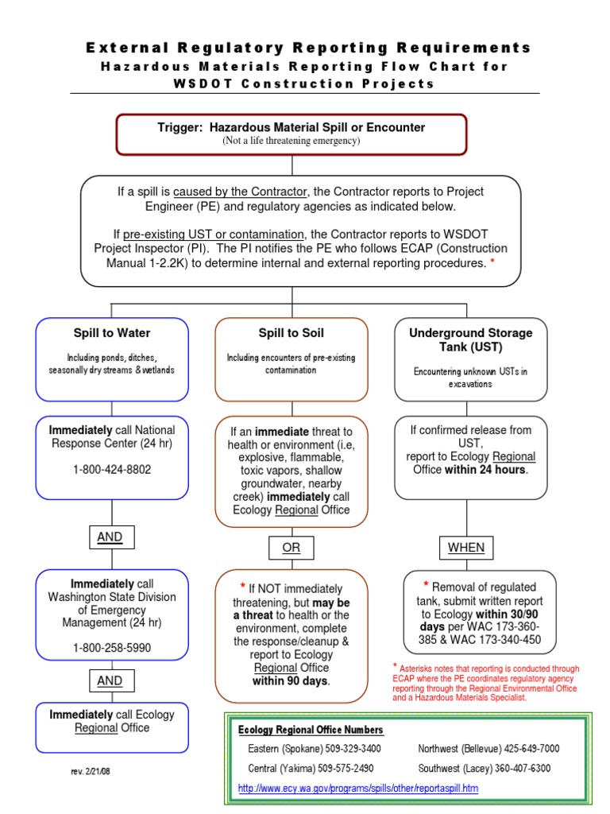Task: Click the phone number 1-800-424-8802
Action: [112, 470]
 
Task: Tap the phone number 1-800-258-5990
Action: [112, 648]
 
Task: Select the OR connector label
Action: [291, 548]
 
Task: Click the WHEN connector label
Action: [465, 548]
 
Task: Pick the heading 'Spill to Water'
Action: [112, 333]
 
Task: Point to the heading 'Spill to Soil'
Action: [291, 333]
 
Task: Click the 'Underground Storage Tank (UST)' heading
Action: [470, 339]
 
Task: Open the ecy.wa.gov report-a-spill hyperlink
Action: [358, 788]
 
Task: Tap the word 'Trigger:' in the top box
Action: [182, 127]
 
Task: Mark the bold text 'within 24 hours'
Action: [486, 470]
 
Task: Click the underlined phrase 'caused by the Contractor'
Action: [239, 192]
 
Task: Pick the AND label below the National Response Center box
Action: [110, 537]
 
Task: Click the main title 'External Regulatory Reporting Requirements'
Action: [308, 48]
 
